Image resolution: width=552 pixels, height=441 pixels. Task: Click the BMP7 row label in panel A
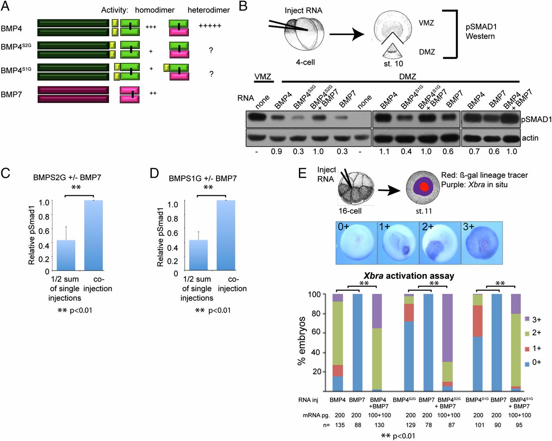pos(11,94)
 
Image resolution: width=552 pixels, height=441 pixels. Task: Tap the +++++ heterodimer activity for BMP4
pos(210,26)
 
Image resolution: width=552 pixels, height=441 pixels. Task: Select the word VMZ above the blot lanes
pos(263,77)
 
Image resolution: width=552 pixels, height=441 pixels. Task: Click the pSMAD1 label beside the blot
pos(536,119)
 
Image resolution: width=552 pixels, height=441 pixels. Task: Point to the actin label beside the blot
pos(530,138)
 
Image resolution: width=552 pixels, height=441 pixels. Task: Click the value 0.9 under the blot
pos(276,152)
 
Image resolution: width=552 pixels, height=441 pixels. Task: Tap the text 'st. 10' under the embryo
pos(393,64)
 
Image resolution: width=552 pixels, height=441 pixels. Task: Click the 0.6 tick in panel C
pos(44,231)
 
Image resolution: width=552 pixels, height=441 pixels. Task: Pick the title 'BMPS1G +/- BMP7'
pos(203,178)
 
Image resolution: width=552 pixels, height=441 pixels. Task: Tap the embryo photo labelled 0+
pos(356,243)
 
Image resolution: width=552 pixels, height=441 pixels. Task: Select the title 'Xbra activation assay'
pos(408,275)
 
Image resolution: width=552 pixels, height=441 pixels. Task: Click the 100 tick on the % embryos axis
pos(314,294)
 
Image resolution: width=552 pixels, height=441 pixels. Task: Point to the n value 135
pos(340,425)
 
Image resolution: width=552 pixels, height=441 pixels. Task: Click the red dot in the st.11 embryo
pos(425,188)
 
